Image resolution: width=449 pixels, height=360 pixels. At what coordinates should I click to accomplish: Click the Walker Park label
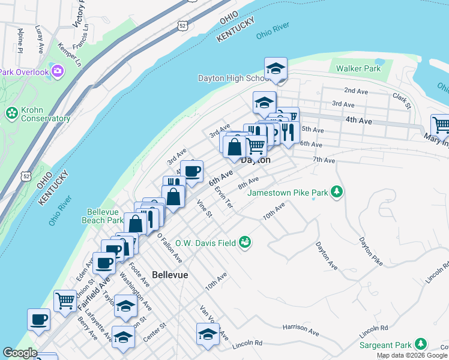coord(358,68)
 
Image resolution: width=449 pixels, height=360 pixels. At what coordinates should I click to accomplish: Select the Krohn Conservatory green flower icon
coord(11,113)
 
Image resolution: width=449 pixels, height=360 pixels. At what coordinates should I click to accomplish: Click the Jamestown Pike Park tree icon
coord(337,192)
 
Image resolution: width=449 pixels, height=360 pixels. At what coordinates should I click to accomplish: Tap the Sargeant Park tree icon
coord(422,344)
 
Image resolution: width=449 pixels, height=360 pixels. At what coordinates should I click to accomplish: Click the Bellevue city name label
coord(170,274)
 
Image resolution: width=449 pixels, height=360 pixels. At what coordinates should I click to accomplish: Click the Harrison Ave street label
coord(301,329)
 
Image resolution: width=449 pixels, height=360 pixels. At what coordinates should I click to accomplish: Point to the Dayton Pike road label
coord(370,251)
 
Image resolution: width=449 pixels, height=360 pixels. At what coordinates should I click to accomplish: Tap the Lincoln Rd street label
coord(247,343)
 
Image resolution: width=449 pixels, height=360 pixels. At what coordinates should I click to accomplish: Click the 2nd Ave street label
coord(356,90)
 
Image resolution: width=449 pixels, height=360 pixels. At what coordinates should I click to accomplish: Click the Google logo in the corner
coord(20,353)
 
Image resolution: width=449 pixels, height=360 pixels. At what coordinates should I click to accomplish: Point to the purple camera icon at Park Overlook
coord(58,71)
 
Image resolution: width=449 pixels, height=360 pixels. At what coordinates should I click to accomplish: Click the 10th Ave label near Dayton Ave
coord(273,211)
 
